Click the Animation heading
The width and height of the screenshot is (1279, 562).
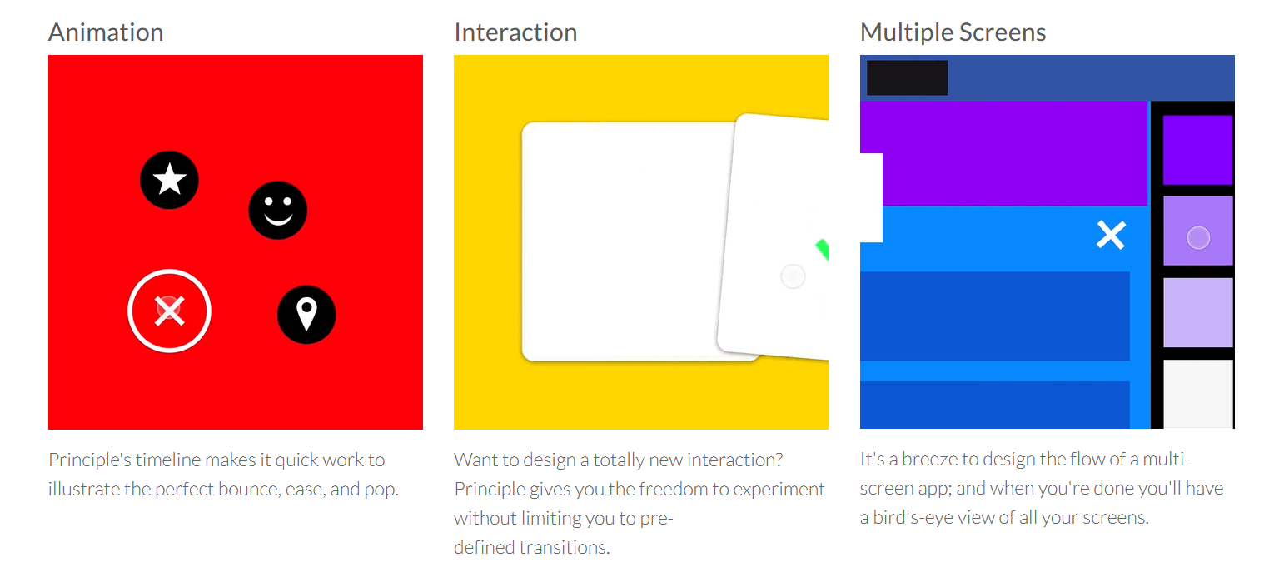coord(106,32)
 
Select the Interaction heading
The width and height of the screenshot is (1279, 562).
coord(515,32)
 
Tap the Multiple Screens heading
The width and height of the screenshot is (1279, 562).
coord(953,32)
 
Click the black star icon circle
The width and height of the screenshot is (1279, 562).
coord(169,180)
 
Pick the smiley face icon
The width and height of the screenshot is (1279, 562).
coord(277,210)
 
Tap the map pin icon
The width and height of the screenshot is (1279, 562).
coord(306,314)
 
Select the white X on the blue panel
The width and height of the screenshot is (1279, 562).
coord(1111,235)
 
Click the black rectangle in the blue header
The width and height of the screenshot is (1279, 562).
coord(908,77)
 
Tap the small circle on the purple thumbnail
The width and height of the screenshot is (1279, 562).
coord(1198,237)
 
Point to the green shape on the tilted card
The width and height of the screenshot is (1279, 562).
coord(822,250)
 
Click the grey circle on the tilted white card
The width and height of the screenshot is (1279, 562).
coord(793,276)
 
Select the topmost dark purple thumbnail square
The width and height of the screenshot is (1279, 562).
coord(1198,150)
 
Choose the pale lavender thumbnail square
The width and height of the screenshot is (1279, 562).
coord(1198,312)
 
